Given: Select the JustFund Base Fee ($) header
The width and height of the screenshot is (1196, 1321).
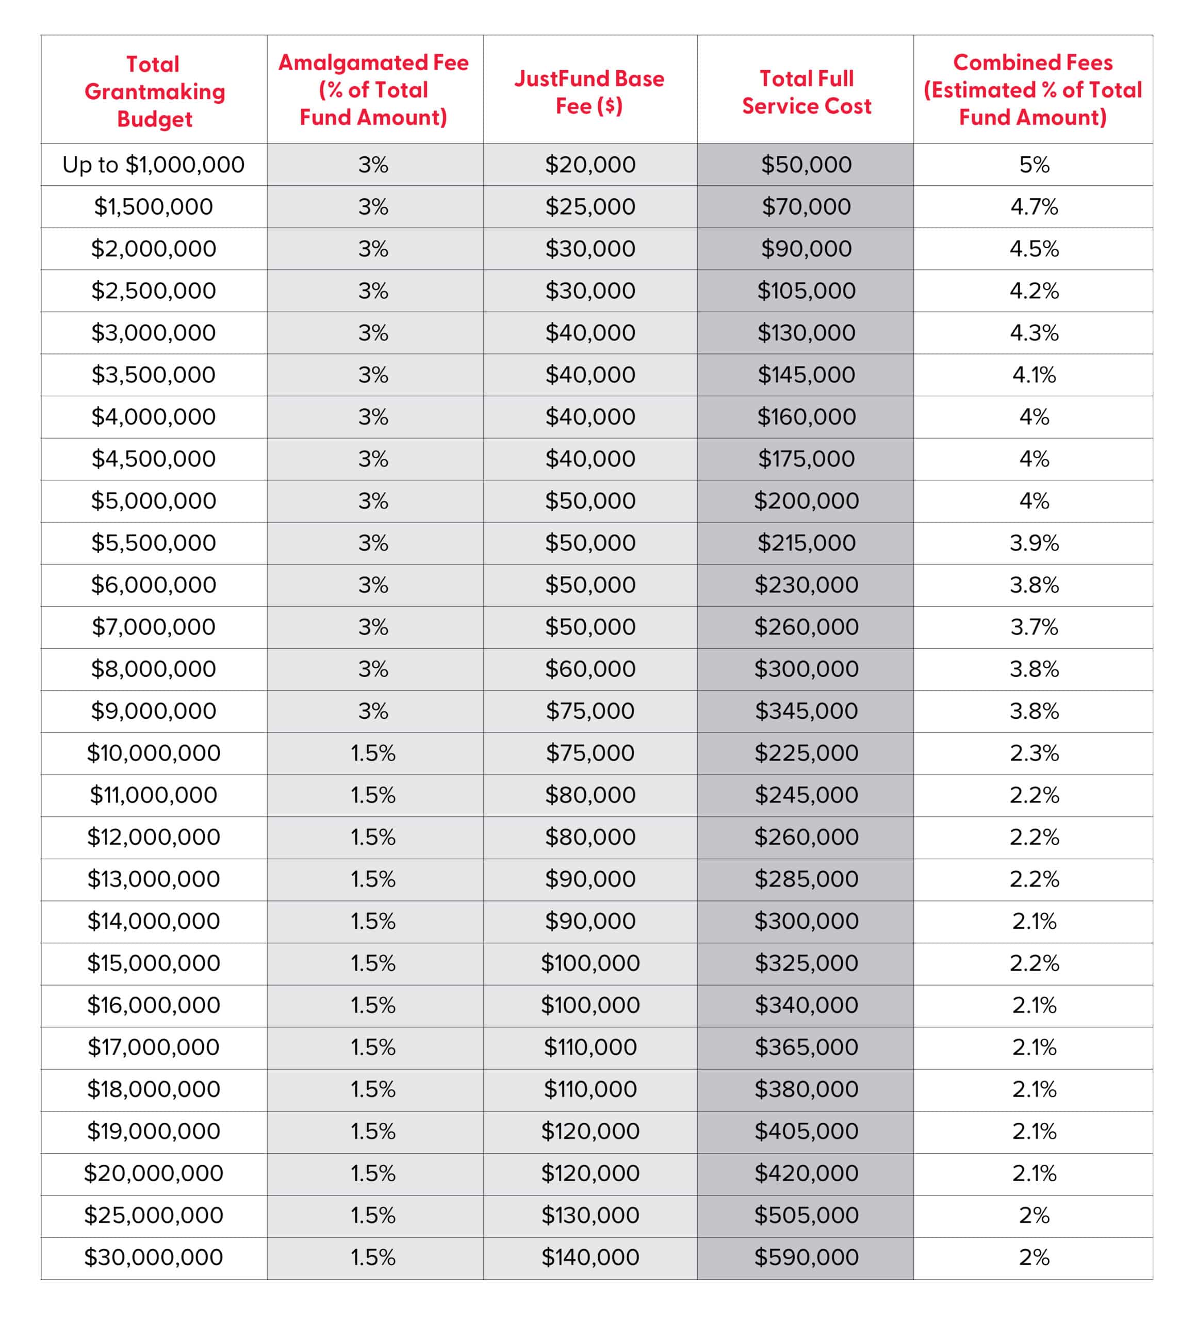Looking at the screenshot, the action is (589, 92).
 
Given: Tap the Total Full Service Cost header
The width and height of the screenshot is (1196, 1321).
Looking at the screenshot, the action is (806, 92).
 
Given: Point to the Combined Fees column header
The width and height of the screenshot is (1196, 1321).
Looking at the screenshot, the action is (1033, 90).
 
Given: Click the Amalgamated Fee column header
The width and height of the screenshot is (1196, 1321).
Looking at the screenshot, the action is (373, 90).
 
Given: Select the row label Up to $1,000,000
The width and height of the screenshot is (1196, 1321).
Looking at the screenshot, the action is (153, 165).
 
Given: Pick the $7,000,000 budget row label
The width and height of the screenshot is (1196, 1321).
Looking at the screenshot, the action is (153, 627).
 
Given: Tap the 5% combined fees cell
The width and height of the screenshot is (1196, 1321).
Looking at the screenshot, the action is (1034, 165).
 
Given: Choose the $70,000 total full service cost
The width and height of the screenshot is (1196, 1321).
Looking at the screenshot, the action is (806, 207).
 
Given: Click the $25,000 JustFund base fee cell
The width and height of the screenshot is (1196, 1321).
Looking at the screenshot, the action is (590, 207).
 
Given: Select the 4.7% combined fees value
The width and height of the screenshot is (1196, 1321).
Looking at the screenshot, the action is (1034, 207).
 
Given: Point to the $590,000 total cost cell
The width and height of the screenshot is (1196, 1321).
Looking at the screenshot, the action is (806, 1258).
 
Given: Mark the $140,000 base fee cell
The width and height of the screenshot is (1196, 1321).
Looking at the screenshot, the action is (590, 1258).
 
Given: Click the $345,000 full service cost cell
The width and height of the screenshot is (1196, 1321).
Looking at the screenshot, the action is (806, 711).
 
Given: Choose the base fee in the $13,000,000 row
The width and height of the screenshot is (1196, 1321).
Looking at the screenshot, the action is (590, 879).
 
